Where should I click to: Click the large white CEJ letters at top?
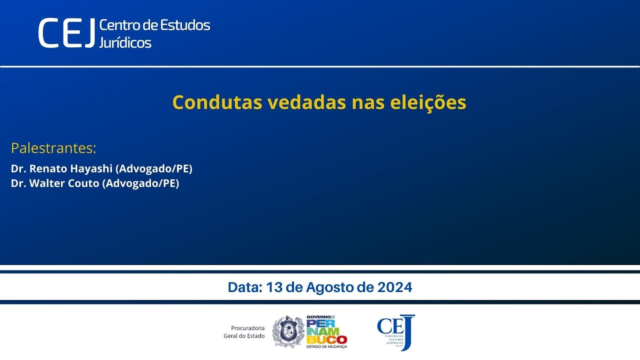tap(66, 33)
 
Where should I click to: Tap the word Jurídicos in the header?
tap(125, 42)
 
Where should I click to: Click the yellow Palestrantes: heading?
tap(53, 148)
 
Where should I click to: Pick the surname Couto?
tap(84, 183)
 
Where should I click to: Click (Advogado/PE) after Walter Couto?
tap(140, 183)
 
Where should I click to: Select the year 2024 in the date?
tap(395, 287)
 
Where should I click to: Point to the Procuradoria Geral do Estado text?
tap(244, 332)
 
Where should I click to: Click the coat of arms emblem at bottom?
tap(288, 332)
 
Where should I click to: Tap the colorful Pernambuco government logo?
tap(326, 332)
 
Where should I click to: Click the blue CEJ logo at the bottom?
tap(395, 332)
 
